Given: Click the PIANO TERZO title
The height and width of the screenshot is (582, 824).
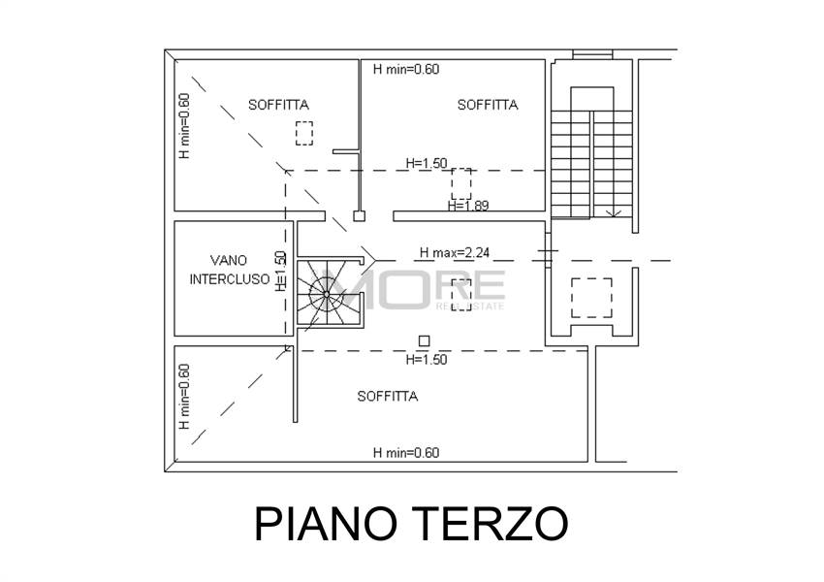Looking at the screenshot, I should (411, 524).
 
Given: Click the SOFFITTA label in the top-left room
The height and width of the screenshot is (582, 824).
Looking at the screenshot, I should (278, 104).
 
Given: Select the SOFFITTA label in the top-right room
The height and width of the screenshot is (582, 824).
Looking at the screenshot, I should (488, 105).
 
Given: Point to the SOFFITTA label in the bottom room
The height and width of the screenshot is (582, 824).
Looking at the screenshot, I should (387, 396).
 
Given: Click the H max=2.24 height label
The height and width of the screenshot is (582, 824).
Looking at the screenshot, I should (454, 253).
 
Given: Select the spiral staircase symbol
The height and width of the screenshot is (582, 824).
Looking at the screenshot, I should (328, 290).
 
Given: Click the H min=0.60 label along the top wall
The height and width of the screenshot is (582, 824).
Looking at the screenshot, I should (406, 69).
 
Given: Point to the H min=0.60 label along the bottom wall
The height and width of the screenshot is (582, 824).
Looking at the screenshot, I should (406, 452).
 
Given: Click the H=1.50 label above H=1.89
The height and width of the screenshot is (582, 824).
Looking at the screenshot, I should (427, 163).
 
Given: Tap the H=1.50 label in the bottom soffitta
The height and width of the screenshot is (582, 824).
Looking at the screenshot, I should (426, 359).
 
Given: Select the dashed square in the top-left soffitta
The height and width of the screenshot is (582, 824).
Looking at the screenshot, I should (305, 133).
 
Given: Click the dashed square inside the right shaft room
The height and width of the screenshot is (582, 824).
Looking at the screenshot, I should (590, 298).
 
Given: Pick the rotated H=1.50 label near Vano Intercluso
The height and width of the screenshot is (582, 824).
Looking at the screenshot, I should (281, 272).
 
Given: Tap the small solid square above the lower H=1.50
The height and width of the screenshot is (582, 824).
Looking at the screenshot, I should (424, 340).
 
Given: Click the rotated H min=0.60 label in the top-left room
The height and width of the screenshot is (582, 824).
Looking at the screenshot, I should (184, 126).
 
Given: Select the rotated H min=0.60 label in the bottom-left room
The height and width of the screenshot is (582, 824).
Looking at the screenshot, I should (184, 396).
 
